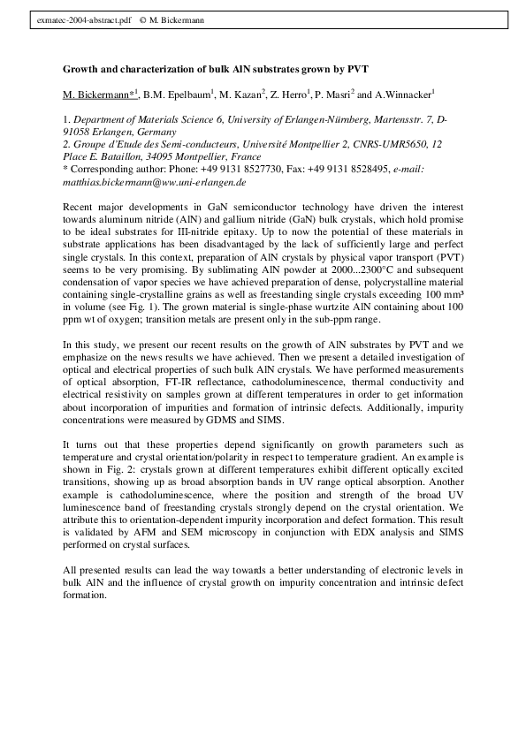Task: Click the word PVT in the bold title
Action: click(356, 69)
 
